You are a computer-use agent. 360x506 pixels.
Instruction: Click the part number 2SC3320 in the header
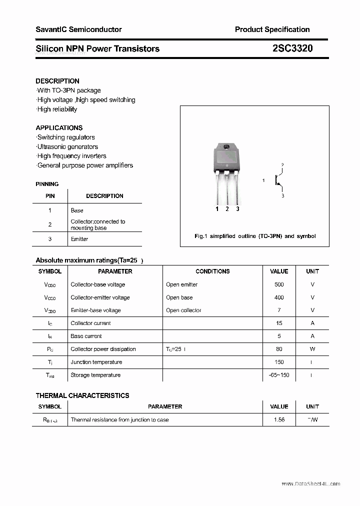point(293,48)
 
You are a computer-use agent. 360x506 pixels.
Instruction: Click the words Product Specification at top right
point(272,29)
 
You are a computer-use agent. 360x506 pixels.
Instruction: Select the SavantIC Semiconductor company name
point(78,29)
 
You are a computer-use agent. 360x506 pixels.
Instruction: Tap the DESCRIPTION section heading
point(57,81)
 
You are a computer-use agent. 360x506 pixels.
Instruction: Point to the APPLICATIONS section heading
point(59,128)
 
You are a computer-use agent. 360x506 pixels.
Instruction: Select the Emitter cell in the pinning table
point(79,239)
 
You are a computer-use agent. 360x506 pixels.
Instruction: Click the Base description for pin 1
point(77,210)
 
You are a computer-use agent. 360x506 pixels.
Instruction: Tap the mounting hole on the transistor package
point(226,147)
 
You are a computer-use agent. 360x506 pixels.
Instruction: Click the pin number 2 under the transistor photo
point(227,209)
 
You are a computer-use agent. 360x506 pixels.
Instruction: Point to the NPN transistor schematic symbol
point(278,180)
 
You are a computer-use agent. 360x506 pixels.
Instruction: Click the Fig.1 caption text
point(255,236)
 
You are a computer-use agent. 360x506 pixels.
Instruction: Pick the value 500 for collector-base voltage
point(279,284)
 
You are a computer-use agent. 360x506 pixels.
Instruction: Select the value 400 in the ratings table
point(279,297)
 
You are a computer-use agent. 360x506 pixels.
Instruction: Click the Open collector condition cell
point(183,310)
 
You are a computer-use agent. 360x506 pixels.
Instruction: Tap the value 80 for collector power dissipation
point(279,349)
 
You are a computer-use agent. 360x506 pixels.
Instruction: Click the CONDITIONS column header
point(212,271)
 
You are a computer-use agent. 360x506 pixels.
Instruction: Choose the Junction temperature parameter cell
point(96,362)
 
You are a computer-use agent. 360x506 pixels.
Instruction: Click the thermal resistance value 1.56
point(279,420)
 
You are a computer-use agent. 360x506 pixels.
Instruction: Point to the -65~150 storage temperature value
point(279,375)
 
